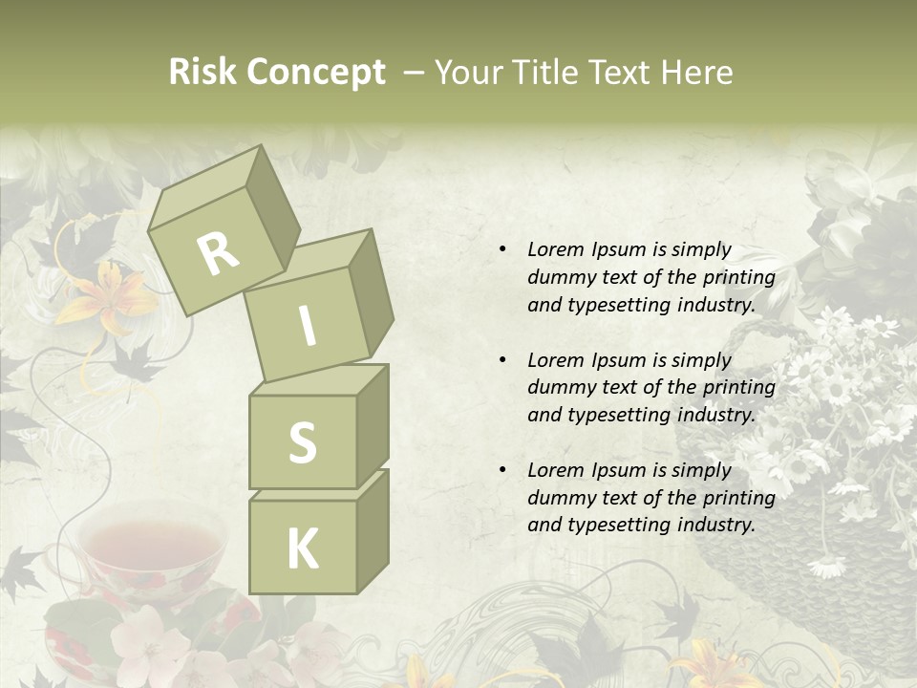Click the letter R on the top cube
(x=218, y=253)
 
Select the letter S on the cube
(x=302, y=442)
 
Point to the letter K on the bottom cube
(x=302, y=548)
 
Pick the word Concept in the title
(x=316, y=73)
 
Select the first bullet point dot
(x=502, y=250)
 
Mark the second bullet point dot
(x=502, y=360)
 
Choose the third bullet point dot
(x=502, y=470)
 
